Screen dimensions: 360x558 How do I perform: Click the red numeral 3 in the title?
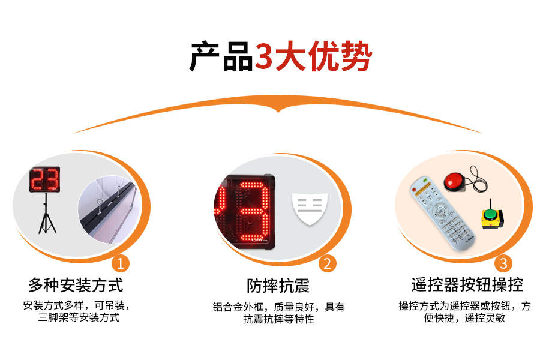(265, 58)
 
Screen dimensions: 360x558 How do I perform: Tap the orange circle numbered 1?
(121, 263)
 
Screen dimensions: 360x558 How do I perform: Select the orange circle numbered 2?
(327, 263)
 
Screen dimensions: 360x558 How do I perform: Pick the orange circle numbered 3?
(503, 263)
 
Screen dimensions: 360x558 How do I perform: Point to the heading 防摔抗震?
(278, 284)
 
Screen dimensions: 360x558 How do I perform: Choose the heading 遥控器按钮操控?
(467, 284)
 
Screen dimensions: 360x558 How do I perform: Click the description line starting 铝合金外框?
(278, 307)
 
